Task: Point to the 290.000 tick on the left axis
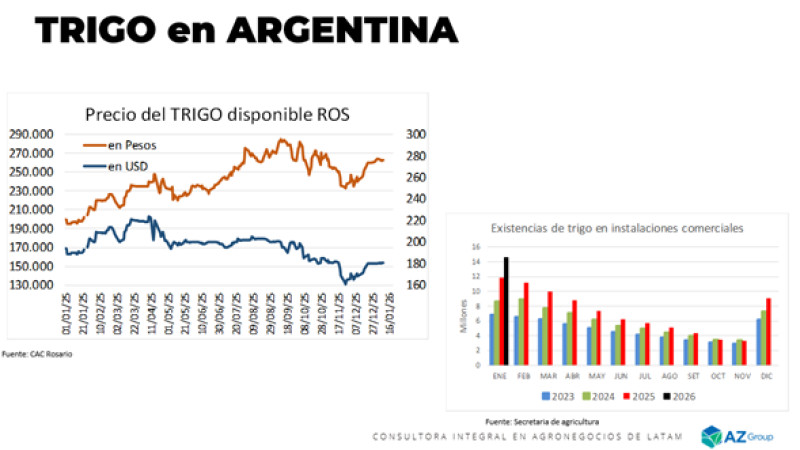coord(34,134)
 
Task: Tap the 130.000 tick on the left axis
coord(34,285)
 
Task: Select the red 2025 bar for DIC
coord(768,331)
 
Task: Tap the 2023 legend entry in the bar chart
coord(536,396)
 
